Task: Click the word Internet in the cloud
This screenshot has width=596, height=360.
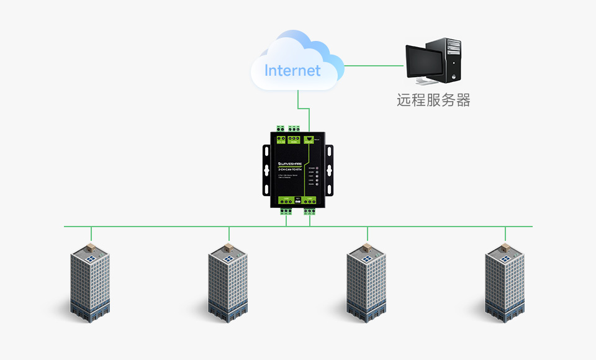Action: pos(292,71)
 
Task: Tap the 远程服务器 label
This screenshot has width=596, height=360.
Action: pos(433,100)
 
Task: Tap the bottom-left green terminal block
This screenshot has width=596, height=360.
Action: pos(286,210)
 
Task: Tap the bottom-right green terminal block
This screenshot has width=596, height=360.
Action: pos(309,210)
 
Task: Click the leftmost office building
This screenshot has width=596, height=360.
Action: pos(90,283)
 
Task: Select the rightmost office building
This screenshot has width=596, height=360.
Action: pos(505,283)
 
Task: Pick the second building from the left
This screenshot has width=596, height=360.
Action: pos(228,283)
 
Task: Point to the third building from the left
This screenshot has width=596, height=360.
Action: pos(366,283)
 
